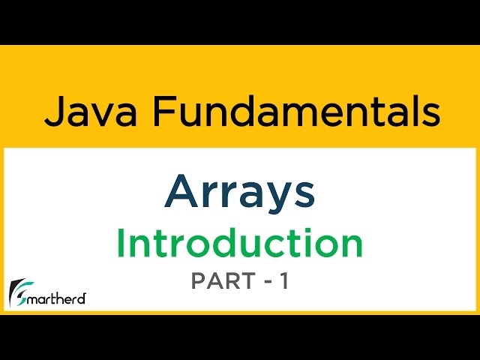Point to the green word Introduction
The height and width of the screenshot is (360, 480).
click(239, 244)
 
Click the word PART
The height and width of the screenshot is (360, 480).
click(221, 281)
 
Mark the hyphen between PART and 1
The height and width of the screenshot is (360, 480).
click(265, 282)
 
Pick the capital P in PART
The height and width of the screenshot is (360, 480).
click(199, 281)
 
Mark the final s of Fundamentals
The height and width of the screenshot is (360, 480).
click(429, 115)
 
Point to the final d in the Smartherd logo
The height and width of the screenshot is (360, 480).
click(82, 298)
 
